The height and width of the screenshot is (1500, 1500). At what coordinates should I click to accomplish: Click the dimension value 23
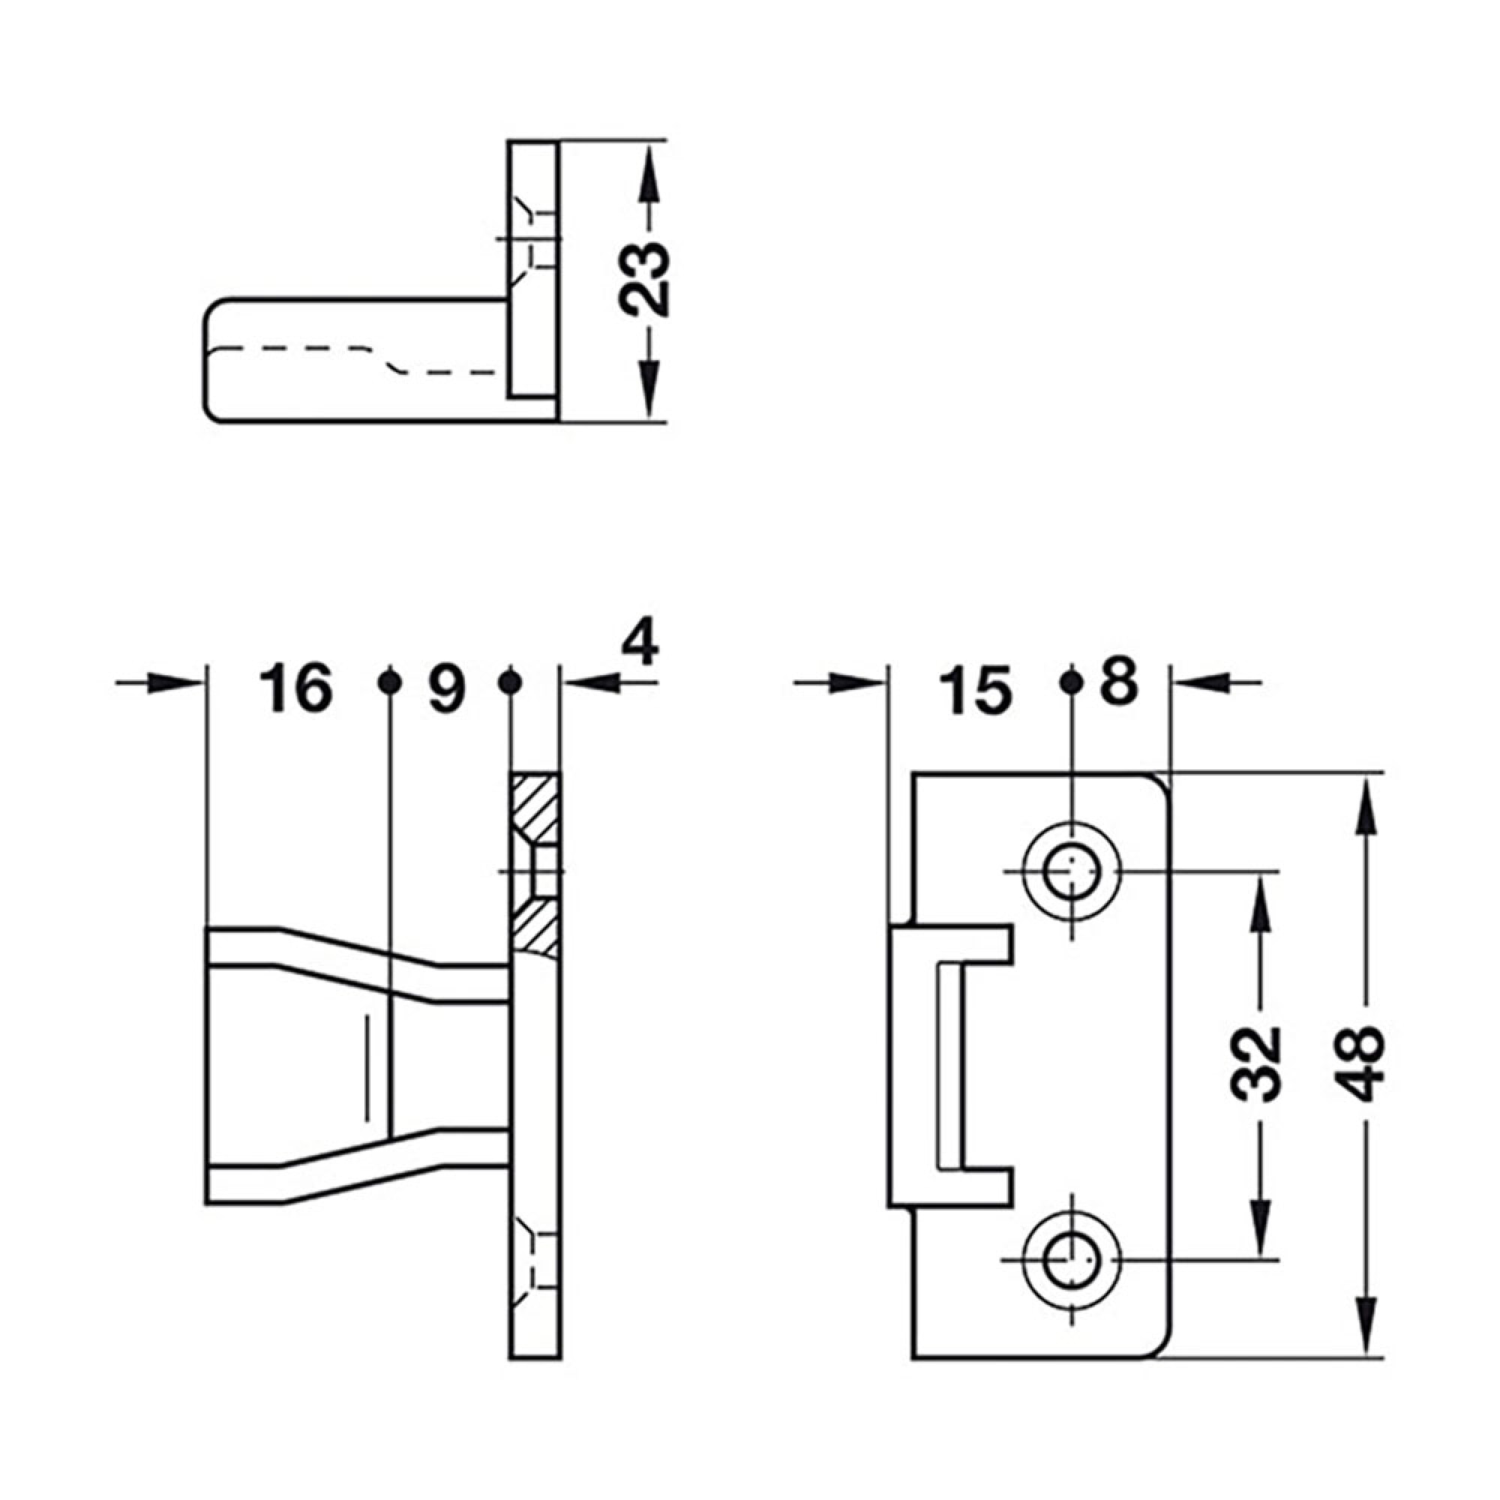(x=646, y=280)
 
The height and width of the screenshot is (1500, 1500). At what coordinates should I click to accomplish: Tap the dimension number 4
(x=641, y=643)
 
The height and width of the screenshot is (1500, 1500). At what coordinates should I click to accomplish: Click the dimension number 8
(x=1120, y=682)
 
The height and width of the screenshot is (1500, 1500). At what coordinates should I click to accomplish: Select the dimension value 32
(x=1256, y=1064)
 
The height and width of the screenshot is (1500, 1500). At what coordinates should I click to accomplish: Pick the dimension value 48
(x=1363, y=1064)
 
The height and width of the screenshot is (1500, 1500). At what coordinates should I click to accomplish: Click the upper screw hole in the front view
(x=1072, y=871)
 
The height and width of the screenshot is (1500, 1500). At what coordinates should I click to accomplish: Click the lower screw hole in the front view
(x=1072, y=1259)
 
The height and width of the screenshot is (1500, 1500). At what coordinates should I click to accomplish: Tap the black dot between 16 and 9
(x=390, y=682)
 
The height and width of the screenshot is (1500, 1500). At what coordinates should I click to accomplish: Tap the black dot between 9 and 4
(x=509, y=682)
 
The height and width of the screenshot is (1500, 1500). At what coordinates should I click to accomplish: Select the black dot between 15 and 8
(x=1072, y=682)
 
